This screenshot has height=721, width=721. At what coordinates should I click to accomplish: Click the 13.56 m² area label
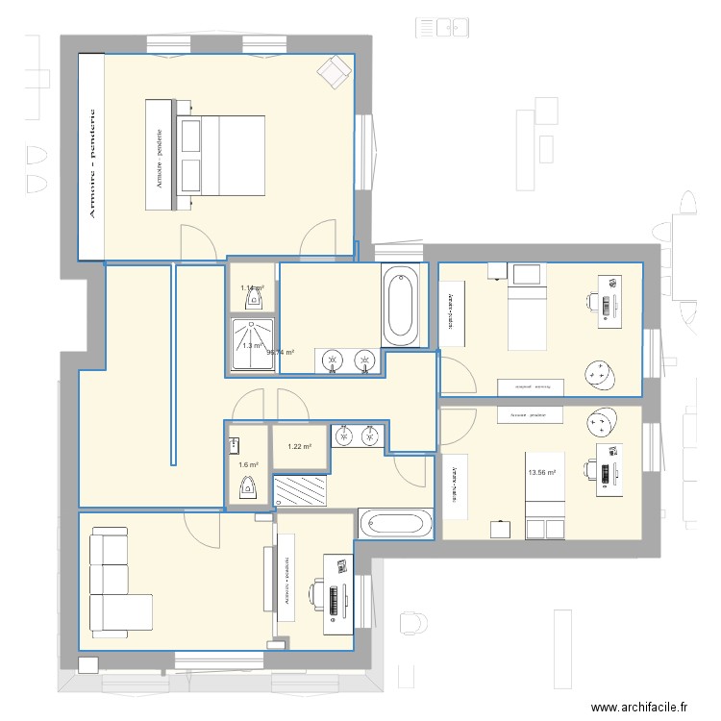(541, 472)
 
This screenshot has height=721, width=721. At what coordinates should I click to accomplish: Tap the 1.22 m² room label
(300, 446)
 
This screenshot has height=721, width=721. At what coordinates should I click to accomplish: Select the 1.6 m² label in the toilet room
(248, 465)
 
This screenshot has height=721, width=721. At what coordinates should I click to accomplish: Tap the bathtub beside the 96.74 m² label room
(402, 306)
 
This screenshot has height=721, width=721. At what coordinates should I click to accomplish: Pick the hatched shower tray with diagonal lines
(301, 492)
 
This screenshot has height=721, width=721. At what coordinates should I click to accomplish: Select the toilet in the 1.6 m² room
(248, 485)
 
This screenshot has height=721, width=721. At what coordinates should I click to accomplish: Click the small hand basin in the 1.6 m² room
(235, 445)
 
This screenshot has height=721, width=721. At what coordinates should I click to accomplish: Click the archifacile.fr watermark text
(639, 708)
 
